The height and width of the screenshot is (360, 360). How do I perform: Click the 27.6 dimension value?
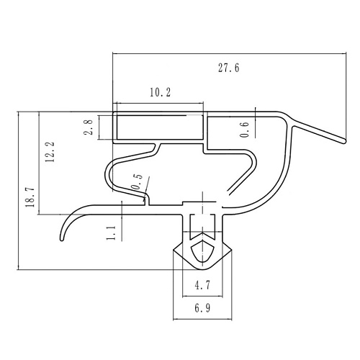point(229,68)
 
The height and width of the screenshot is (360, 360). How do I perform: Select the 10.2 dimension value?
point(161,92)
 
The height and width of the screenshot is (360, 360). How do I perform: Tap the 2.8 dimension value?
point(89,127)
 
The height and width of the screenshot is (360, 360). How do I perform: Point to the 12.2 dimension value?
point(50,152)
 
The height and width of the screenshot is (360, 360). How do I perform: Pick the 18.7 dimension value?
point(31,197)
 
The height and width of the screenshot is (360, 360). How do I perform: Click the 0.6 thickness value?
point(244,130)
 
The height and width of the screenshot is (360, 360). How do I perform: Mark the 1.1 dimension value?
point(111,233)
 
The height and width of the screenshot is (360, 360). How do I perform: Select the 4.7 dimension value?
point(202,285)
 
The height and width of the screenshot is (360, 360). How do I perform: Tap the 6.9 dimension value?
point(202,308)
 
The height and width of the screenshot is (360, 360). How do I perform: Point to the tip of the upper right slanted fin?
point(345,142)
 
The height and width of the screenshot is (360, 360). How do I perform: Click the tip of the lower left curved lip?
point(62,239)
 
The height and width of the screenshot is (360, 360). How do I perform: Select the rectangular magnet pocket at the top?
point(160,127)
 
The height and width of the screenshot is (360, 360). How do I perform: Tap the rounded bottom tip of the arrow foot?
point(202,269)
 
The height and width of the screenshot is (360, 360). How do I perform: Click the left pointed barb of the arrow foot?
point(174,251)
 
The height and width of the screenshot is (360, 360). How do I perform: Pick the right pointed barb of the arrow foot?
point(231,251)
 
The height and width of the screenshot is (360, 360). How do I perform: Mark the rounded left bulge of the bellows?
point(107,174)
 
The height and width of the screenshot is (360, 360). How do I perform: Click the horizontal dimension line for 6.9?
point(202,320)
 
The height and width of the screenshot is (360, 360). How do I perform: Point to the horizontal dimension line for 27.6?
point(229,53)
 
